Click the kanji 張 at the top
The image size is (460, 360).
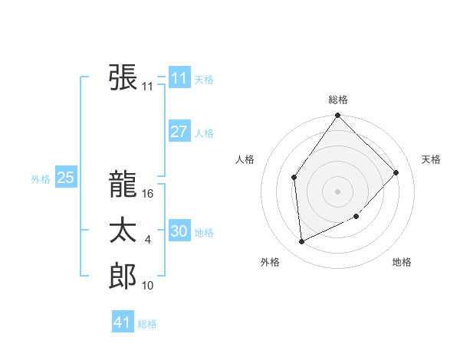click(x=123, y=77)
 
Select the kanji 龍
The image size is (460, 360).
click(x=123, y=185)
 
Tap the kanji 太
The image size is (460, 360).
click(x=123, y=231)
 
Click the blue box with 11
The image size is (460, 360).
click(x=179, y=78)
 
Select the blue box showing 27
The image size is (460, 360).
click(x=179, y=132)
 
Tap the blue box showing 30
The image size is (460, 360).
click(x=179, y=231)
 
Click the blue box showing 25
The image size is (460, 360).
click(x=65, y=178)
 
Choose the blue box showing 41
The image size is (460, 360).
click(x=123, y=322)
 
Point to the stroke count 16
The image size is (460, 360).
click(x=149, y=195)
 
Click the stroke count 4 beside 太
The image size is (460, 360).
click(x=148, y=241)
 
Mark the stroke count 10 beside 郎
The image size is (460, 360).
click(x=148, y=286)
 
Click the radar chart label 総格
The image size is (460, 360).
click(x=338, y=100)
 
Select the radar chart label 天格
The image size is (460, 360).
click(x=431, y=159)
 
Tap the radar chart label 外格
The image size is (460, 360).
click(x=270, y=262)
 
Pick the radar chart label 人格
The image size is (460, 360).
click(x=245, y=159)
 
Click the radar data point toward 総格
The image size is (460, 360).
click(x=338, y=116)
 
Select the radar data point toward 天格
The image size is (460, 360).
click(x=396, y=172)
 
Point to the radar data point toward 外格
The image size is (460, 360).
click(x=302, y=241)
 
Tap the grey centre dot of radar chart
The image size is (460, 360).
click(x=338, y=191)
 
